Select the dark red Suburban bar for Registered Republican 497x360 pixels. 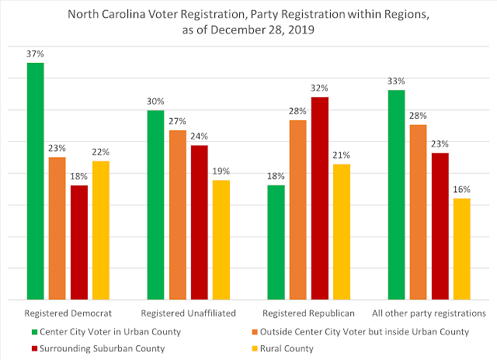[x=319, y=198]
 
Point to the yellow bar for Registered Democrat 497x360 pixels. [x=101, y=230]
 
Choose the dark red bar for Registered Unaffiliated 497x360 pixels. [x=200, y=222]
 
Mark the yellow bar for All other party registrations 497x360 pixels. [x=461, y=248]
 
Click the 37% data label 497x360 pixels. [x=35, y=53]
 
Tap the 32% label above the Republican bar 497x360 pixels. [x=319, y=88]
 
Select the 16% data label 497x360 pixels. [x=461, y=189]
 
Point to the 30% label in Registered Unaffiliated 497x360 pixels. [x=155, y=101]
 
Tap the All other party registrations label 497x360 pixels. [x=429, y=313]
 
